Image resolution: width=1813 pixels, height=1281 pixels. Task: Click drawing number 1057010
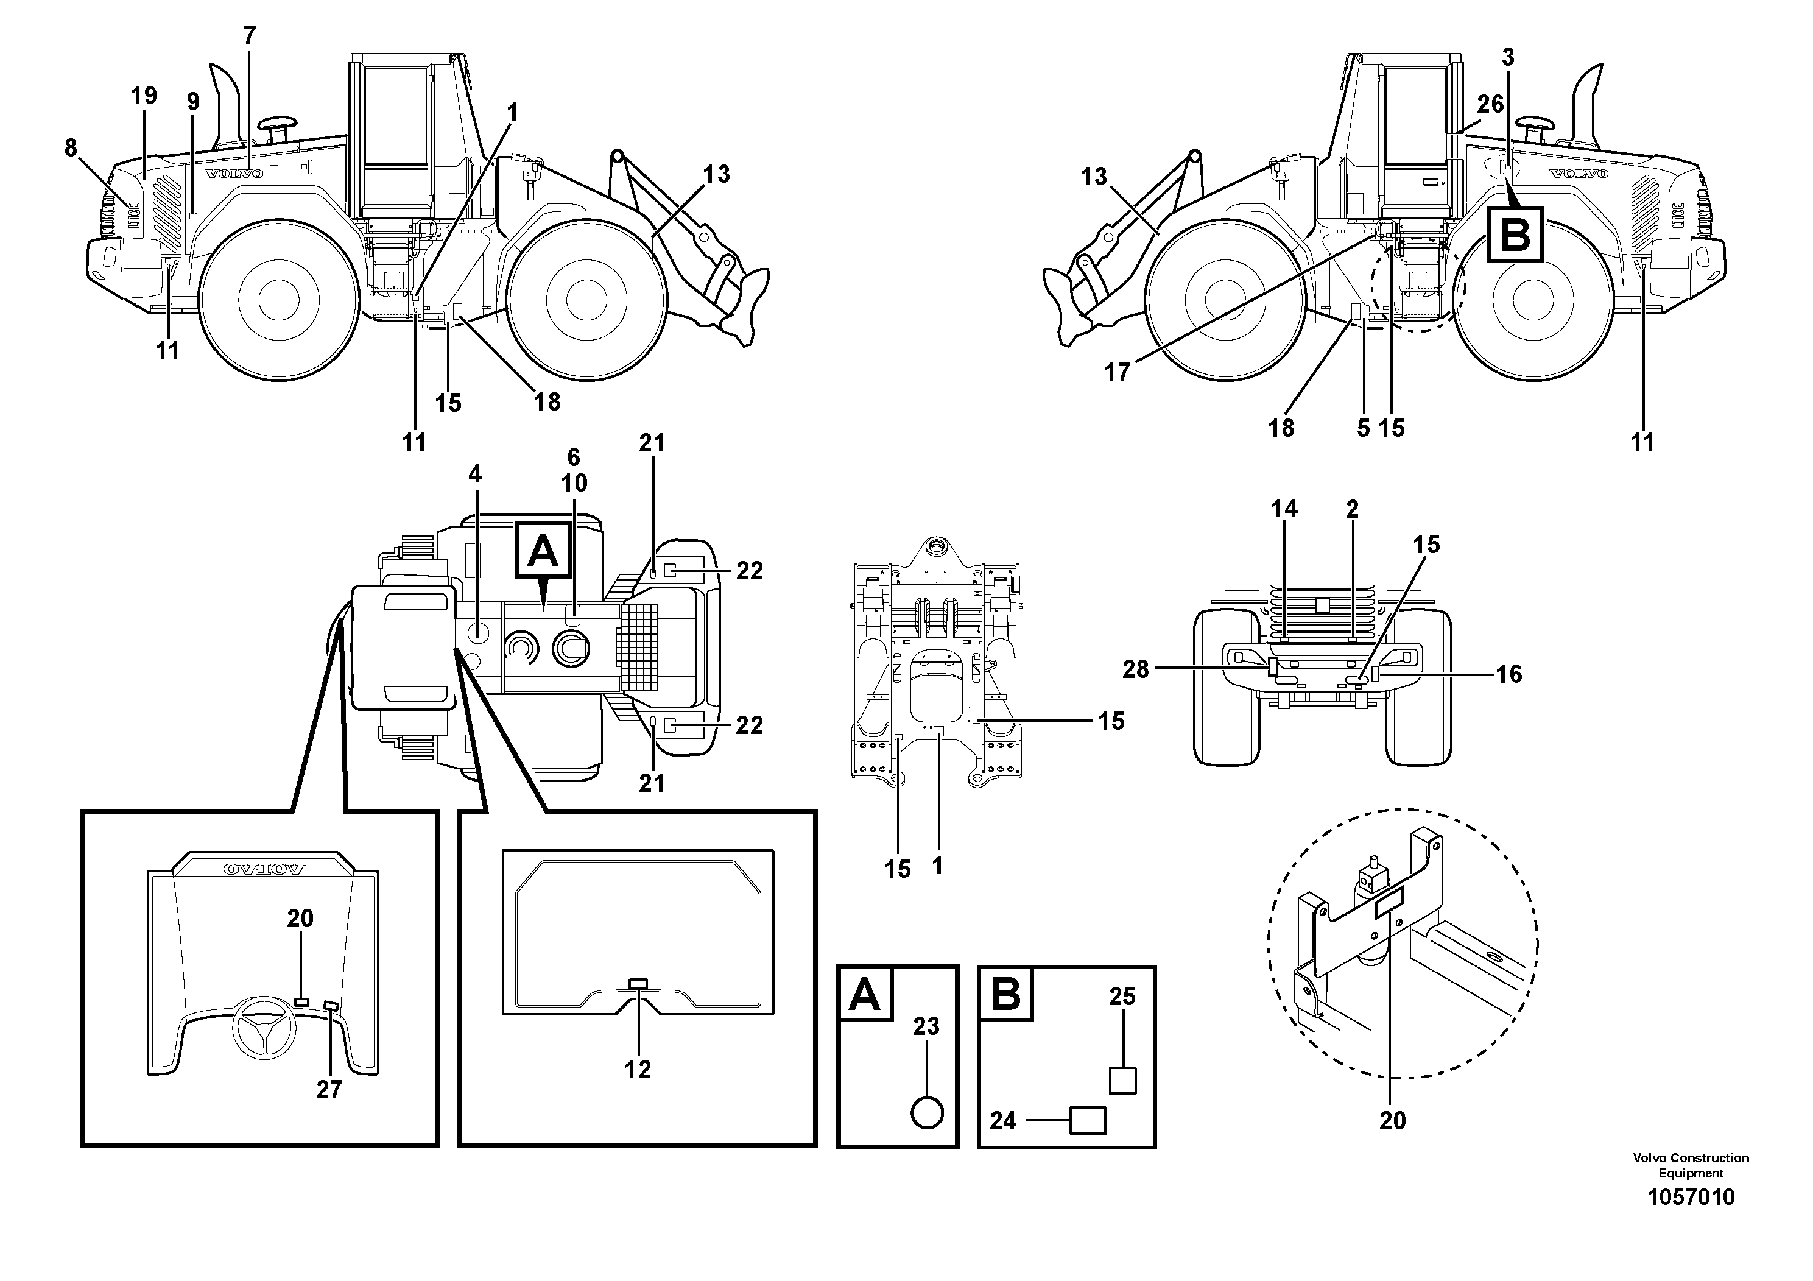pyautogui.click(x=1691, y=1198)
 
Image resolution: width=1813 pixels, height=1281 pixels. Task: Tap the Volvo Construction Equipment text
pyautogui.click(x=1691, y=1165)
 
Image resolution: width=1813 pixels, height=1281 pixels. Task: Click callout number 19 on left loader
pyautogui.click(x=144, y=96)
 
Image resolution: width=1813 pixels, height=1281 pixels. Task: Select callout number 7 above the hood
pyautogui.click(x=250, y=35)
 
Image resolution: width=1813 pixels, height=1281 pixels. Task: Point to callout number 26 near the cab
pyautogui.click(x=1490, y=104)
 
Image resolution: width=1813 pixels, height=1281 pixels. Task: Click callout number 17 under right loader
pyautogui.click(x=1118, y=372)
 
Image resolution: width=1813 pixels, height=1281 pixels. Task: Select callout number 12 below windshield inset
pyautogui.click(x=637, y=1070)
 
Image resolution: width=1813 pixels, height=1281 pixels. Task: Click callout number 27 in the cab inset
pyautogui.click(x=329, y=1090)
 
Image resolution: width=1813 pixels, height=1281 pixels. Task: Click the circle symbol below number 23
pyautogui.click(x=926, y=1113)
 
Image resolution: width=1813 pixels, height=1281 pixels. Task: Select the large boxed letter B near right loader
pyautogui.click(x=1515, y=235)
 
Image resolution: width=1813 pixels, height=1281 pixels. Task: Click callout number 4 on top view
pyautogui.click(x=474, y=474)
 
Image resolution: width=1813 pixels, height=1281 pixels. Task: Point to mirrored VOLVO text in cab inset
pyautogui.click(x=264, y=869)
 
